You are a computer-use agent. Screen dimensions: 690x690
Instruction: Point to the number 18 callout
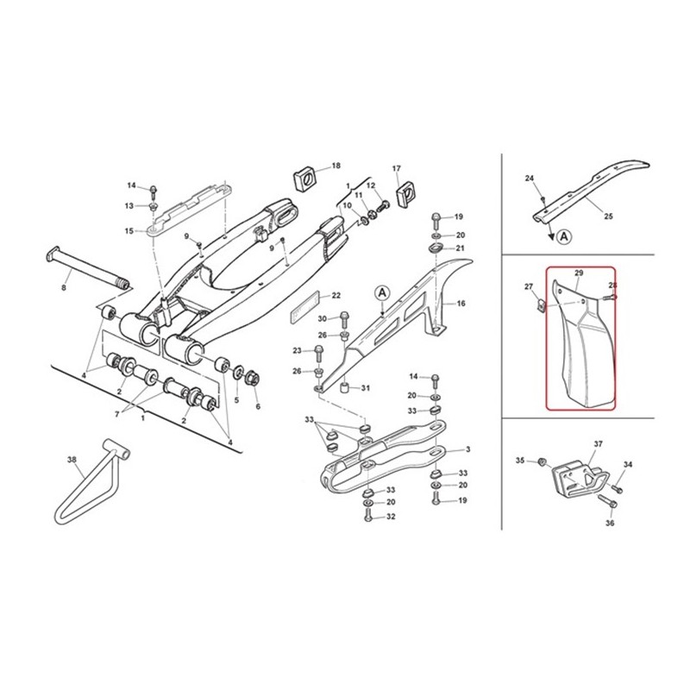click(x=336, y=165)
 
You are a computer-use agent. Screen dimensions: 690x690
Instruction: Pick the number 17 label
click(x=397, y=168)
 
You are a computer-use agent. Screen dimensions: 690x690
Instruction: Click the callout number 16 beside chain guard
click(x=461, y=304)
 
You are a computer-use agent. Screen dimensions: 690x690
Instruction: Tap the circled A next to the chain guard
click(x=382, y=294)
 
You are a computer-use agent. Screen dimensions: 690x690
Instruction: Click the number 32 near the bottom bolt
click(x=391, y=517)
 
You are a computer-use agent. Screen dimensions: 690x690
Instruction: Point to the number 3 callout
click(x=467, y=449)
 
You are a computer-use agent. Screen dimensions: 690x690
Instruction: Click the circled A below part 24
click(x=563, y=235)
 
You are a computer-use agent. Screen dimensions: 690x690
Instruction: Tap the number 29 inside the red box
click(x=579, y=273)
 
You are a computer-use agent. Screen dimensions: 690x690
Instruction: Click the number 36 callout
click(x=610, y=523)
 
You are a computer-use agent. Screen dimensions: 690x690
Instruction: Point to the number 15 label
click(x=129, y=231)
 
